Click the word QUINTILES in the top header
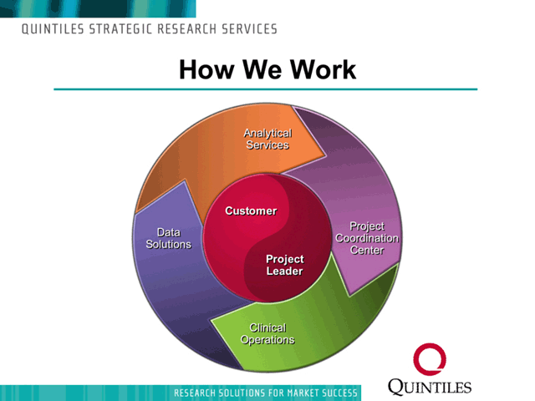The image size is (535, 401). coord(53,29)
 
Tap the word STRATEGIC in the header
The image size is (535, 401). coord(120,29)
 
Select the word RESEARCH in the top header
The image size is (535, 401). coord(187,29)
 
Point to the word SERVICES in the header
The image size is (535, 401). coord(250,29)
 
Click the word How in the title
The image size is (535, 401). coord(206,69)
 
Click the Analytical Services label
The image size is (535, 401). coord(267,139)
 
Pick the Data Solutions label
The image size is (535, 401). coord(169,238)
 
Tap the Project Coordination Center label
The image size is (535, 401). coord(367,238)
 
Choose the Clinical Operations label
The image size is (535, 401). coord(267,333)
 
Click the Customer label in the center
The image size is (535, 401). coord(251,211)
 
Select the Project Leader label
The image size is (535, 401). coord(284,265)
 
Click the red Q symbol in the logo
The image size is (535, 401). coord(430,359)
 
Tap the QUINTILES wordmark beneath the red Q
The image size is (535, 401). coord(430,387)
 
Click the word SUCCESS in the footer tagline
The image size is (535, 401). coord(340,393)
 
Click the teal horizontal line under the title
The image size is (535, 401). coord(266,89)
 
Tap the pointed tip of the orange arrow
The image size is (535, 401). coord(326,156)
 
